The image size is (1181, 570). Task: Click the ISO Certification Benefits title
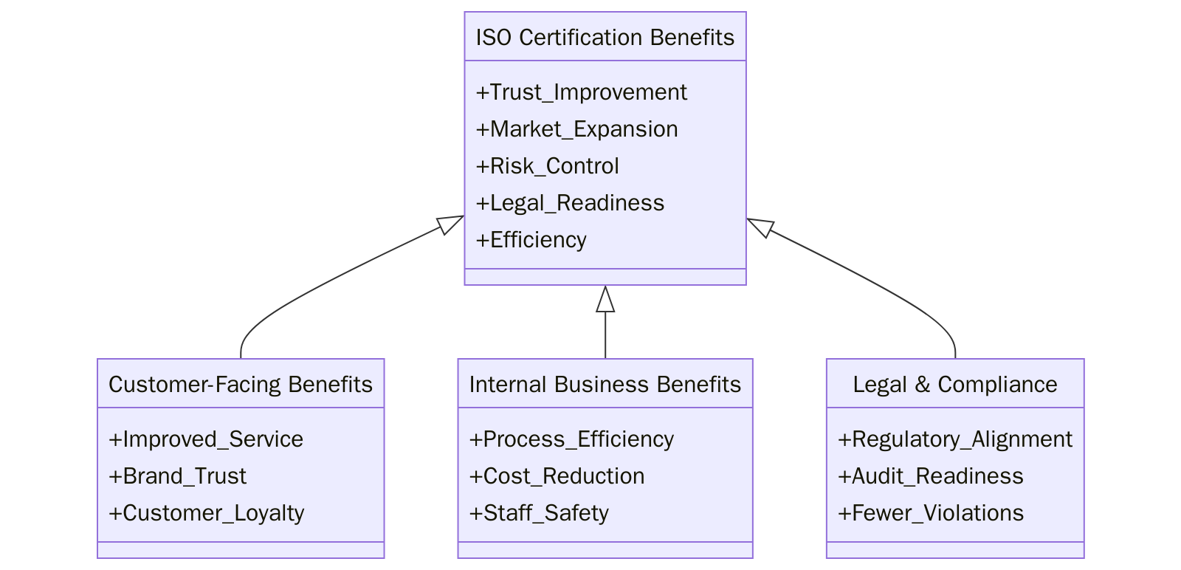pyautogui.click(x=605, y=37)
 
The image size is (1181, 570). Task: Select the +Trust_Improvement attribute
pyautogui.click(x=581, y=92)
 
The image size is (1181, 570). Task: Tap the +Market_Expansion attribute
pyautogui.click(x=576, y=129)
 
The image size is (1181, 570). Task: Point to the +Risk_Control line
pyautogui.click(x=547, y=166)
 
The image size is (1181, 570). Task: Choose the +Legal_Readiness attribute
pyautogui.click(x=570, y=203)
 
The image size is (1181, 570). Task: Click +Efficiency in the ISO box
pyautogui.click(x=531, y=240)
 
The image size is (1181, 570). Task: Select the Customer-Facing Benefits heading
pyautogui.click(x=241, y=384)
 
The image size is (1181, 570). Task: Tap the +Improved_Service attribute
pyautogui.click(x=206, y=439)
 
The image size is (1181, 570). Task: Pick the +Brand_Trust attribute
pyautogui.click(x=177, y=476)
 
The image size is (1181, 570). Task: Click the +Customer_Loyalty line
pyautogui.click(x=206, y=513)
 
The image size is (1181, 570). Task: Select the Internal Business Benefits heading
pyautogui.click(x=605, y=384)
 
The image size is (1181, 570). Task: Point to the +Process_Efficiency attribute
pyautogui.click(x=571, y=439)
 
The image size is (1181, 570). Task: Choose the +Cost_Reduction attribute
pyautogui.click(x=557, y=476)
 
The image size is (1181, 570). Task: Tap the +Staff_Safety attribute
pyautogui.click(x=539, y=513)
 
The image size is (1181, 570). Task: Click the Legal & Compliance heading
pyautogui.click(x=954, y=384)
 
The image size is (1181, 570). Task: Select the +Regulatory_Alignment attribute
pyautogui.click(x=954, y=439)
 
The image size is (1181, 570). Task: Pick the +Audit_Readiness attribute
pyautogui.click(x=930, y=476)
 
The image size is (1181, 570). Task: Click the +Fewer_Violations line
pyautogui.click(x=930, y=513)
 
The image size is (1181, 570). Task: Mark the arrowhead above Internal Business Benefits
pyautogui.click(x=605, y=299)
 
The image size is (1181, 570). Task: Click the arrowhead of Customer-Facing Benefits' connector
pyautogui.click(x=451, y=223)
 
